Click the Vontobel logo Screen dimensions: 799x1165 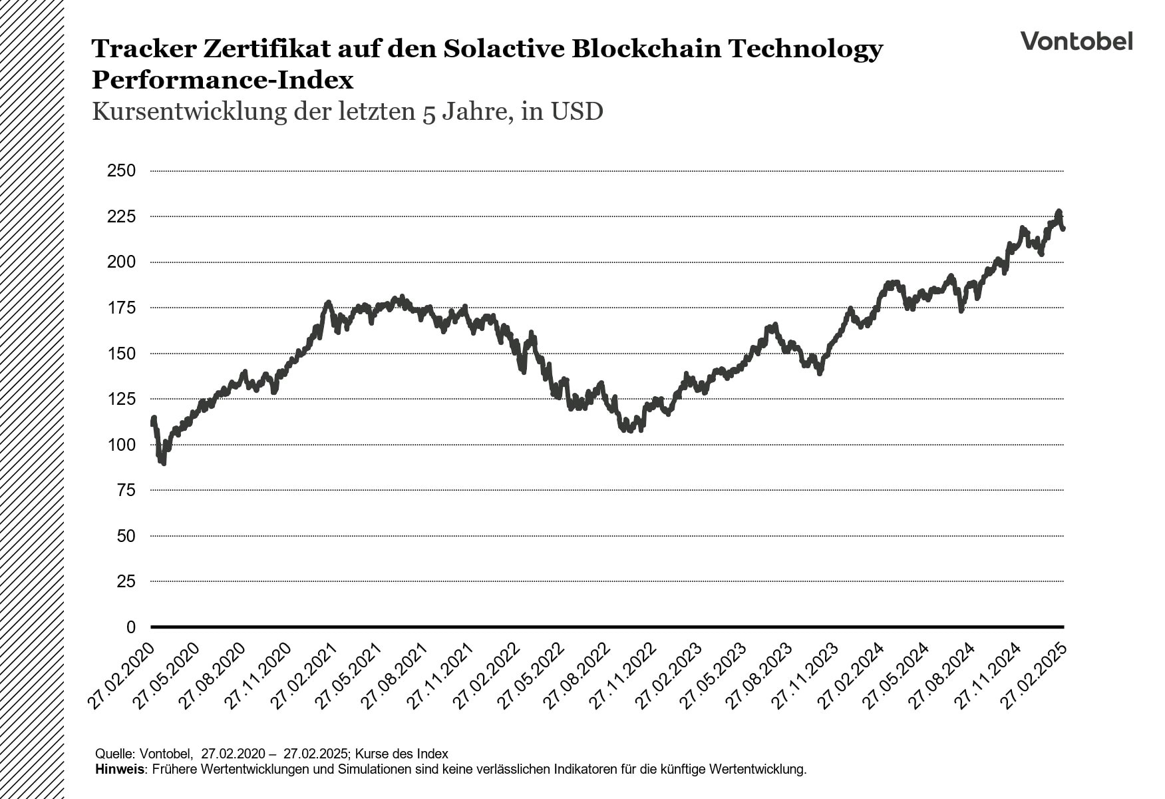1077,41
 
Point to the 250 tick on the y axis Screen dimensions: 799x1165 121,171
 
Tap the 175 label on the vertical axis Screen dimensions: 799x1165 121,308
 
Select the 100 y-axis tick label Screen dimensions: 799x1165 121,445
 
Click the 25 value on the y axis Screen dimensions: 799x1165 126,582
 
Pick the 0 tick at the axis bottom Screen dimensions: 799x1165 130,627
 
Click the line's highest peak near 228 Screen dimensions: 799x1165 1059,212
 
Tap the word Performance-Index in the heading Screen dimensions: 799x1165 222,81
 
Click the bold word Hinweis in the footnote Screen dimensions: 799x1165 120,770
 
